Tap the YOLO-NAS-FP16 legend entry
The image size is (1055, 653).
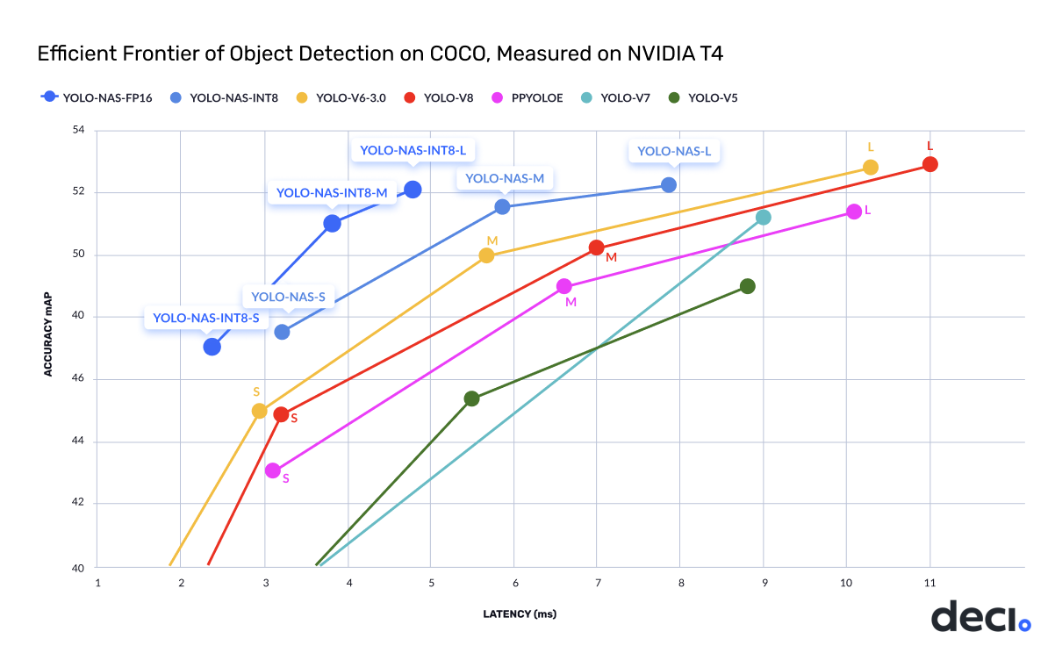coord(97,97)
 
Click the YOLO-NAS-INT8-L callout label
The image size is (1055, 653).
coord(412,151)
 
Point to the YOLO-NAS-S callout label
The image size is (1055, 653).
coord(288,298)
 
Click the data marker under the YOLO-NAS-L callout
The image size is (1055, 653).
coord(668,184)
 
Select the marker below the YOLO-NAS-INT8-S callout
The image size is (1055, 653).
coord(212,347)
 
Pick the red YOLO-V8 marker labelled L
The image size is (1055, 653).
coord(929,164)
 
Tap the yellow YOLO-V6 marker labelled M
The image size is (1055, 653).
coord(486,255)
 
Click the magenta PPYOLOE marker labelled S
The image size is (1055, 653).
coord(273,470)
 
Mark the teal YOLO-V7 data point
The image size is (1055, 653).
coord(763,217)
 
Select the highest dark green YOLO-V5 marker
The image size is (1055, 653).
coord(747,286)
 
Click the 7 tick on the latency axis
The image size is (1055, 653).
coord(598,583)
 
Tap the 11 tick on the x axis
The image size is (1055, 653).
coord(929,583)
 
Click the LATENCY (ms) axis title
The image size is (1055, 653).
coord(520,614)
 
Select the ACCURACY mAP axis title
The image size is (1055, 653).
coord(49,348)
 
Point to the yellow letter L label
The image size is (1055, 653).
coord(870,147)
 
